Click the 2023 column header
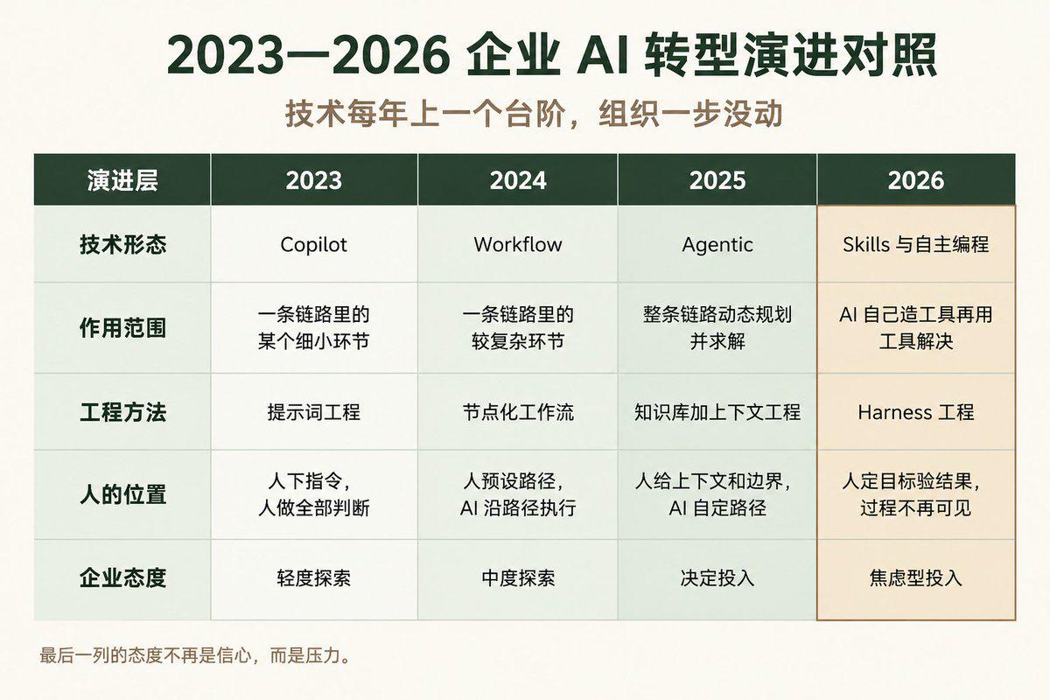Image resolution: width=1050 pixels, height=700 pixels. coord(313,180)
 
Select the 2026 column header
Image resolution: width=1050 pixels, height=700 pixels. coord(916,180)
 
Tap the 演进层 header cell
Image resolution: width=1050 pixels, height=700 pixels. coord(122,180)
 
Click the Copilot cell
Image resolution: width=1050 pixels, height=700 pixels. coord(313,245)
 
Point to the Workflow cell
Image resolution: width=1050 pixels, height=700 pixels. coord(518,244)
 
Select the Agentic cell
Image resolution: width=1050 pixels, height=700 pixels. coord(717,245)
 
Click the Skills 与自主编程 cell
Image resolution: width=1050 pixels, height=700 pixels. coord(916,244)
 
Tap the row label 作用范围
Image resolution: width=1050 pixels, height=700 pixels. coord(122,328)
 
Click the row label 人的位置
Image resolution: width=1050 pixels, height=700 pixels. coord(122,494)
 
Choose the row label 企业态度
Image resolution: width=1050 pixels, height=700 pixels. coord(122,577)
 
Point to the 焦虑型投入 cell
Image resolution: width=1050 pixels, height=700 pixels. coord(916,577)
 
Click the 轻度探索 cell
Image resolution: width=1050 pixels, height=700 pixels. coord(313,577)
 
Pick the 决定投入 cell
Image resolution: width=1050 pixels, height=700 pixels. coord(717,577)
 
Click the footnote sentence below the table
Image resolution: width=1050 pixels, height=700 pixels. coord(195,655)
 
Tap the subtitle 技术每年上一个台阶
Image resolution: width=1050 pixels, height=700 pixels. coord(424,113)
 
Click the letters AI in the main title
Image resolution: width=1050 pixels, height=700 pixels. coord(602,56)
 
